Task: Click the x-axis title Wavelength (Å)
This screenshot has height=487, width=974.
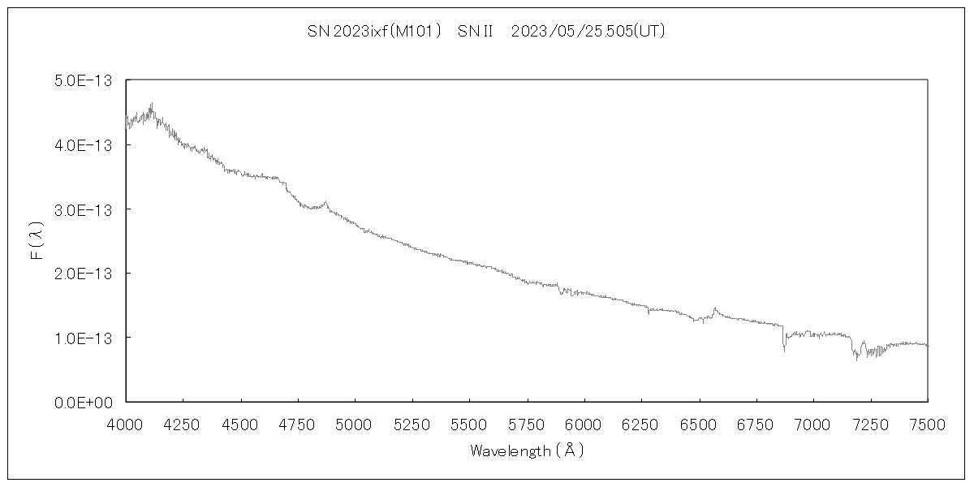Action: (526, 450)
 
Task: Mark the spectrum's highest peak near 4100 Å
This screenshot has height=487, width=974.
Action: (152, 104)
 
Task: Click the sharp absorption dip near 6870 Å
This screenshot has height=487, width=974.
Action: (784, 350)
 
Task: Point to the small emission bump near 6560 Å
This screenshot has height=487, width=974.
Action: (714, 308)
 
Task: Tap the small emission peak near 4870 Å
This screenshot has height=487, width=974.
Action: (325, 201)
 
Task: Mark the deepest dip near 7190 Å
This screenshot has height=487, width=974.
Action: (856, 359)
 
